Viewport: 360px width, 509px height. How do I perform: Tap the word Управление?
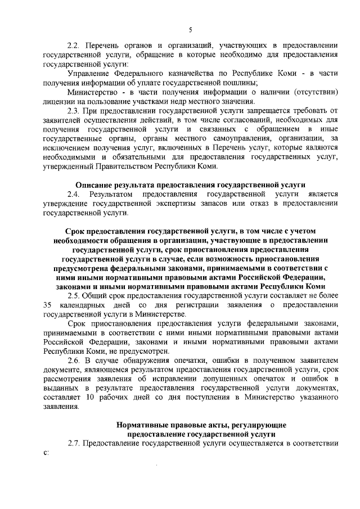[89, 73]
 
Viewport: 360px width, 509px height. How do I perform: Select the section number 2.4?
[75, 193]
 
